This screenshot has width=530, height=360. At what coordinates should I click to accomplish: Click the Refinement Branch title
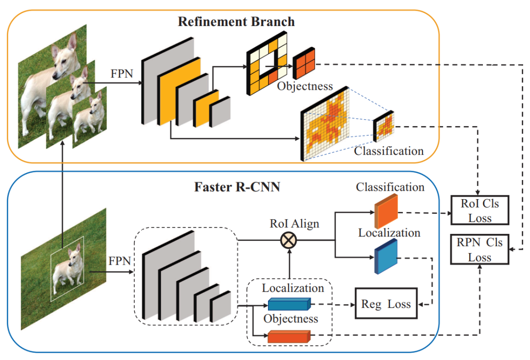[236, 22]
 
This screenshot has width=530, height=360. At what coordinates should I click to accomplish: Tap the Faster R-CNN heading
[237, 187]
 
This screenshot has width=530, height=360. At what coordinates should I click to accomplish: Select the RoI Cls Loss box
[479, 210]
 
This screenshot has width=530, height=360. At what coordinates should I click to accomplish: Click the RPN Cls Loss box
[479, 250]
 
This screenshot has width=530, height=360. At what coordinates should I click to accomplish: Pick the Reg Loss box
[386, 303]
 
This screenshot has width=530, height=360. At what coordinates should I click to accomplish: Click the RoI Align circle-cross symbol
[289, 240]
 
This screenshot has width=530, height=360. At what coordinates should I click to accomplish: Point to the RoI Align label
[294, 224]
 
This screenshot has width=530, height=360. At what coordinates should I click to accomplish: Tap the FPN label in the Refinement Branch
[122, 74]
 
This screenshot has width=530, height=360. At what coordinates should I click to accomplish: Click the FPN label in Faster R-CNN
[120, 261]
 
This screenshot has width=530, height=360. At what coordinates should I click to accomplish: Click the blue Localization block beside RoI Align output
[386, 256]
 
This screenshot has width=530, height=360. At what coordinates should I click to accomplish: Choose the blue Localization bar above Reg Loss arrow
[289, 304]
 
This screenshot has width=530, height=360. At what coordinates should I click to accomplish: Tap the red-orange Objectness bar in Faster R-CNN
[289, 336]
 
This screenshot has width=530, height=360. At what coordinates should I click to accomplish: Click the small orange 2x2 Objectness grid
[304, 63]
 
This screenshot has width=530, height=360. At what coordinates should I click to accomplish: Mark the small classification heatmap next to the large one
[384, 126]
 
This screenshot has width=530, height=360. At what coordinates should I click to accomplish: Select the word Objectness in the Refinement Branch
[305, 86]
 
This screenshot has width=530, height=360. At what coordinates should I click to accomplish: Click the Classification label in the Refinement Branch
[389, 151]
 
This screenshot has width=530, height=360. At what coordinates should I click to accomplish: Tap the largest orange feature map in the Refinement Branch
[179, 91]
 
